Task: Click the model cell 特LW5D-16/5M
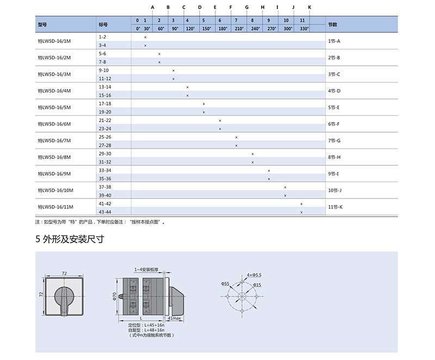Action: click(54, 107)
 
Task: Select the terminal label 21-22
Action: click(105, 120)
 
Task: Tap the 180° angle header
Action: click(223, 29)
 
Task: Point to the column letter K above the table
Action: click(309, 7)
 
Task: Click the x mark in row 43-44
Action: click(302, 212)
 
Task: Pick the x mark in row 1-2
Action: click(145, 37)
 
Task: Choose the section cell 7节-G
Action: click(334, 141)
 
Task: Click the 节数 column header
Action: click(333, 24)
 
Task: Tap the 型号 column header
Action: click(42, 24)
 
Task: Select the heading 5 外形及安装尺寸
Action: click(70, 239)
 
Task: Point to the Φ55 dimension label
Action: click(225, 283)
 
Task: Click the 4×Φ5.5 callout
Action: click(254, 275)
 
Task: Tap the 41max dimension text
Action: click(174, 318)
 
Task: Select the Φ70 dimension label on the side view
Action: click(114, 296)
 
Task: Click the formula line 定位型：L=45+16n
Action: click(146, 325)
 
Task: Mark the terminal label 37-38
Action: click(105, 187)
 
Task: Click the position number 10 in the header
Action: click(286, 20)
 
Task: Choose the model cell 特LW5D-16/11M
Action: click(55, 207)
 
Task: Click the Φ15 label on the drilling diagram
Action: click(257, 285)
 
